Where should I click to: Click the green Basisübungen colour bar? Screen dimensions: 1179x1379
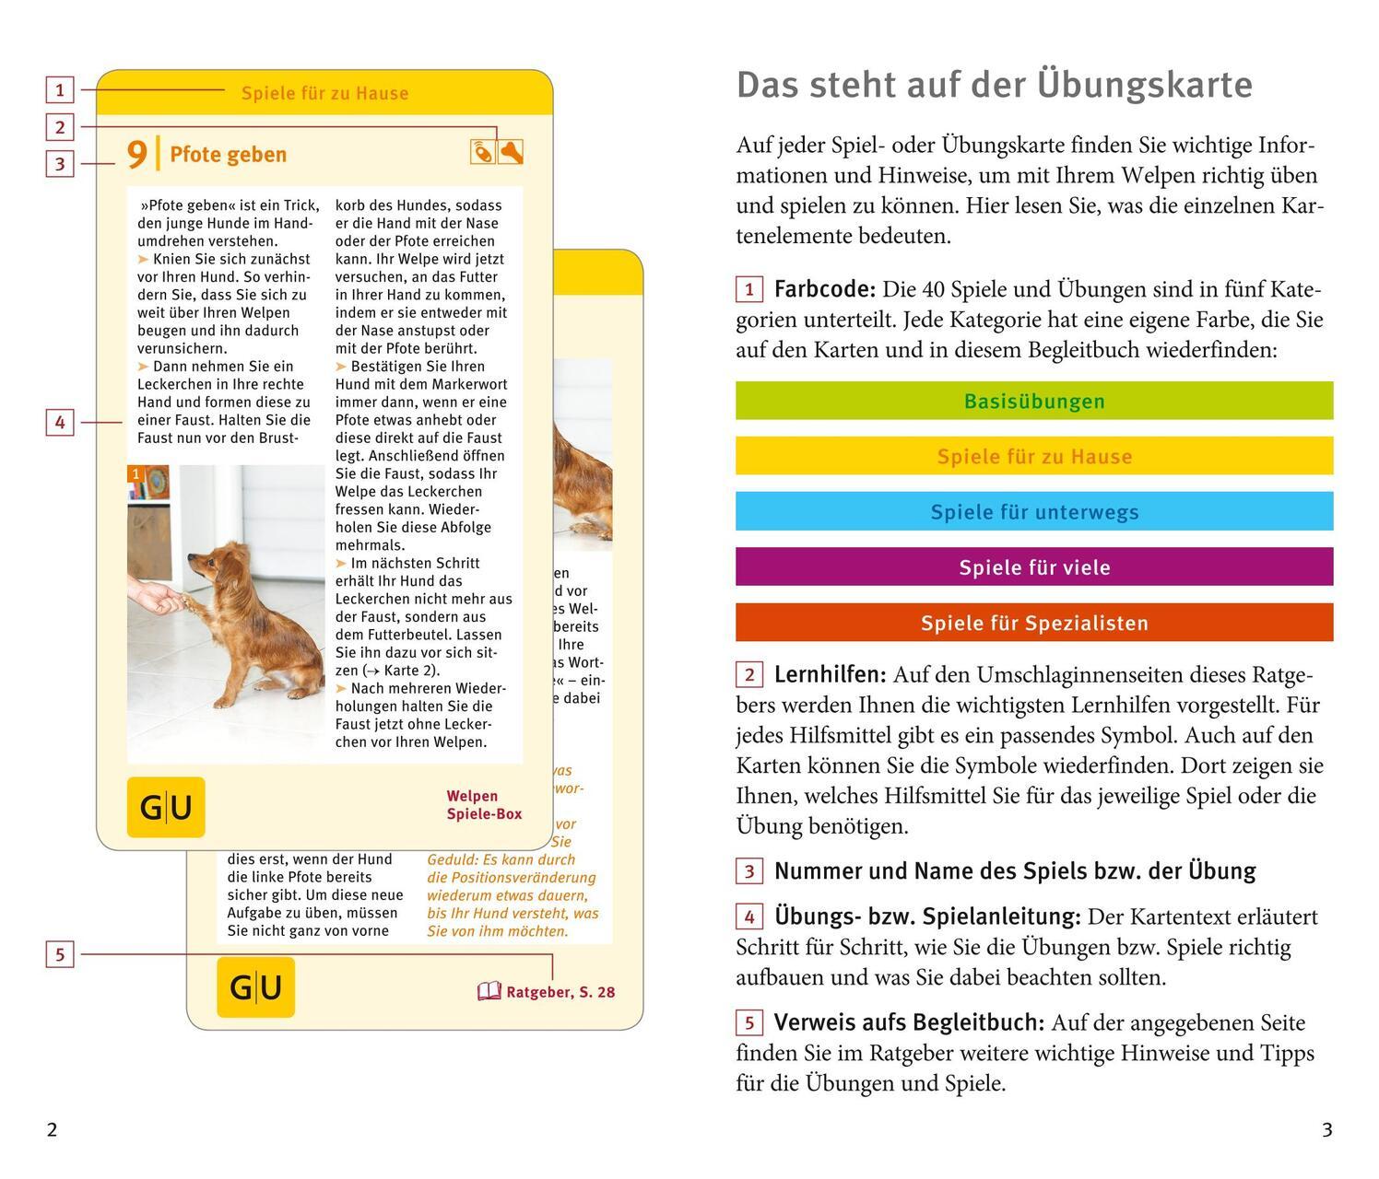coord(1034,401)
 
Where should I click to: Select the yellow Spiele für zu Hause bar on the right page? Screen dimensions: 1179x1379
coord(1034,456)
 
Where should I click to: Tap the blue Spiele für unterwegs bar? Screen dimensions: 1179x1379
coord(1034,512)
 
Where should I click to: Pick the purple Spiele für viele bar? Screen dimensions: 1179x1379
coord(1034,567)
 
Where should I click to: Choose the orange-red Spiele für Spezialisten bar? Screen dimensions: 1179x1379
coord(1034,623)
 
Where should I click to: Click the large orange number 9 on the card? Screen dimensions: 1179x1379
coord(136,154)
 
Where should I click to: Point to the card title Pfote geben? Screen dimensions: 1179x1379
coord(228,155)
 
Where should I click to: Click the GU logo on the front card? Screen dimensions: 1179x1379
coord(166,807)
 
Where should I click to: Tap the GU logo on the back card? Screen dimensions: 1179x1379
coord(255,987)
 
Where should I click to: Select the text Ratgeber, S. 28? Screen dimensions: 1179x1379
coord(560,992)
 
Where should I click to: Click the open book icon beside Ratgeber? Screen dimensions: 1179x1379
coord(489,992)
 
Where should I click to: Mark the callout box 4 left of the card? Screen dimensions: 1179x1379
coord(60,423)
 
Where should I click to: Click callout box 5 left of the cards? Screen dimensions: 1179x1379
coord(60,954)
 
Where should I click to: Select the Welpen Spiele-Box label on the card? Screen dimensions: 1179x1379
coord(484,805)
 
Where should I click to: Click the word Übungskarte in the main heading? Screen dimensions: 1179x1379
coord(1144,85)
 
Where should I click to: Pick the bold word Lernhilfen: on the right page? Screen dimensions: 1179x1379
coord(830,675)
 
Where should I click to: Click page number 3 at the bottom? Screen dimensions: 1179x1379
coord(1326,1130)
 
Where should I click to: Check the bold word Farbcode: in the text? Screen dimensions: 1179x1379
coord(824,290)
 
